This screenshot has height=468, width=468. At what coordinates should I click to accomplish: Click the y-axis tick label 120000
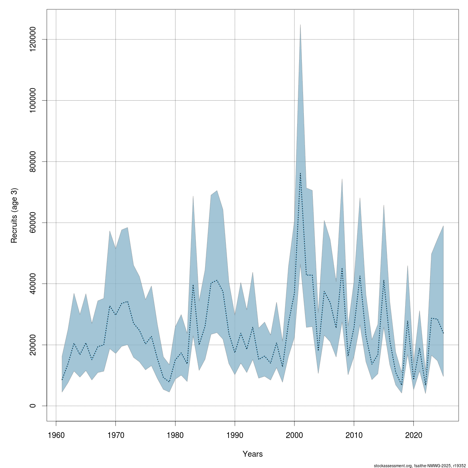click(34, 39)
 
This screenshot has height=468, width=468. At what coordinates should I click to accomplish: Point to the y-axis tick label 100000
click(34, 101)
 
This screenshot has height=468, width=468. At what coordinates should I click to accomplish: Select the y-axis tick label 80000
click(34, 161)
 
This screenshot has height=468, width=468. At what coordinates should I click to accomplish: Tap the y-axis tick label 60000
click(34, 223)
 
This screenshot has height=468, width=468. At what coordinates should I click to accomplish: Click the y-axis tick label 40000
click(34, 284)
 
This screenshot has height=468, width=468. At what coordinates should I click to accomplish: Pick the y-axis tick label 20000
click(34, 345)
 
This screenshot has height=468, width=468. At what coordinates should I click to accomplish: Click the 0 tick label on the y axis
click(34, 406)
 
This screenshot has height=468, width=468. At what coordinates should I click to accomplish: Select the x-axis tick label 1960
click(56, 434)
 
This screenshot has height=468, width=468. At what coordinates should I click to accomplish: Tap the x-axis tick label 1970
click(116, 434)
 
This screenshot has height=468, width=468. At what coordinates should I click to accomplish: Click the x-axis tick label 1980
click(175, 434)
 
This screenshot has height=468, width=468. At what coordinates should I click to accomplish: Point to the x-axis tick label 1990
click(235, 434)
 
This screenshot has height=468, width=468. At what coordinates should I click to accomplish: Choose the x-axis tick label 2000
click(294, 434)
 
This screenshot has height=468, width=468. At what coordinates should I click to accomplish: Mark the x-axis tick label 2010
click(354, 434)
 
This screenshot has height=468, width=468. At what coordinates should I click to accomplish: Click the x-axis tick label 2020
click(413, 434)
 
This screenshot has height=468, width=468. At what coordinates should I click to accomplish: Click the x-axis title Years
click(253, 454)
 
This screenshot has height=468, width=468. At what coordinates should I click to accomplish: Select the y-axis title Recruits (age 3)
click(14, 216)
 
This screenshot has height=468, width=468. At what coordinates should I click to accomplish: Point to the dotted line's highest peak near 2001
click(300, 173)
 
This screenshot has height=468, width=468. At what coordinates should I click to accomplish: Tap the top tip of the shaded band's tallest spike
click(300, 25)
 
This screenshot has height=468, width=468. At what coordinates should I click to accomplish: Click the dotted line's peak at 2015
click(384, 280)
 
